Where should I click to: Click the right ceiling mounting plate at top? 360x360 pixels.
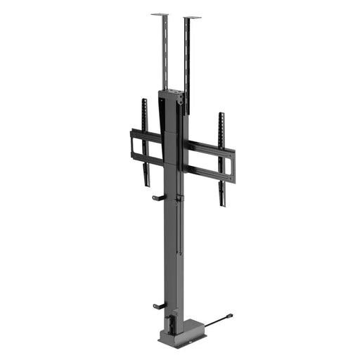[191, 18]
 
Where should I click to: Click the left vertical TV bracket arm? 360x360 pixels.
[146, 141]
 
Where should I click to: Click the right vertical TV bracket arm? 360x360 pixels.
[221, 158]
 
